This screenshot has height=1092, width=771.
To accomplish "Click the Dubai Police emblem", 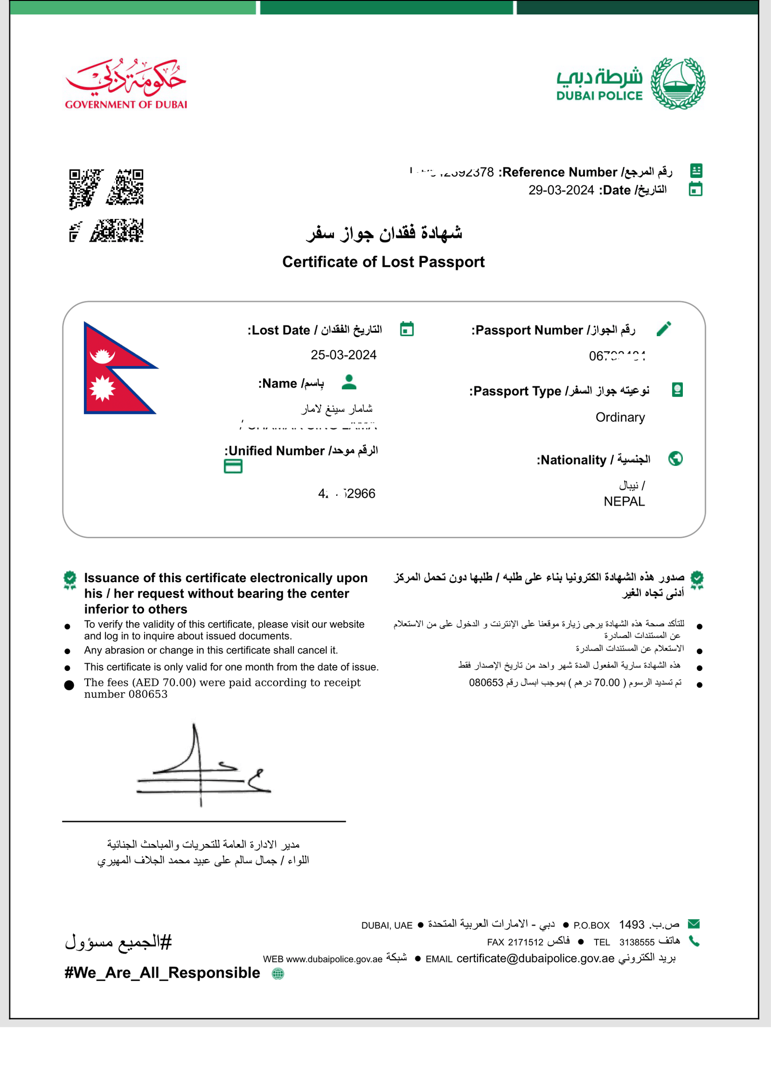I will pos(678,83).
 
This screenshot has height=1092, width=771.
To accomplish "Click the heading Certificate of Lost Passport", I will pos(383,262).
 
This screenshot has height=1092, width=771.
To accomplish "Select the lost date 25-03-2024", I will pos(343,355).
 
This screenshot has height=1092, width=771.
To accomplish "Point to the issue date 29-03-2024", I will pos(561,190).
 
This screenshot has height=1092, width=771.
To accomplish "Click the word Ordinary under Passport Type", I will pos(620,417).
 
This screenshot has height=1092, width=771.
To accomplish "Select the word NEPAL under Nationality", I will pos(624,502).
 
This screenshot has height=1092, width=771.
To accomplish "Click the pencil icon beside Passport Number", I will pos(664,329).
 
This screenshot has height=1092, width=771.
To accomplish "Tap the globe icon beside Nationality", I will pos(676,459).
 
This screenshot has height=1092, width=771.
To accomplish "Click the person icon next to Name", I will pos(349,382).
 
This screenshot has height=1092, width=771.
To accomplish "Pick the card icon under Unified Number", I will pos(233,466).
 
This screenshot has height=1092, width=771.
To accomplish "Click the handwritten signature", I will pos(202,767).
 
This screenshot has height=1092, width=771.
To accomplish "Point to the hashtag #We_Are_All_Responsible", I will pos(162,973).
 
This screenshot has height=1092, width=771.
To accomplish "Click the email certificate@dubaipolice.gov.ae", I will pos(535,958).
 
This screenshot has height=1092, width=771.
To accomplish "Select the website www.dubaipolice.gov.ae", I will pos(334,959).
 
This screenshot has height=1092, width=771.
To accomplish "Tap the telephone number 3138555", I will pos(637,942).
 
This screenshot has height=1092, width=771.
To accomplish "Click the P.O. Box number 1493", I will pos(631,925).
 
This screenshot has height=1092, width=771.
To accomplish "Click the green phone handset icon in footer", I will pos(694,941).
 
